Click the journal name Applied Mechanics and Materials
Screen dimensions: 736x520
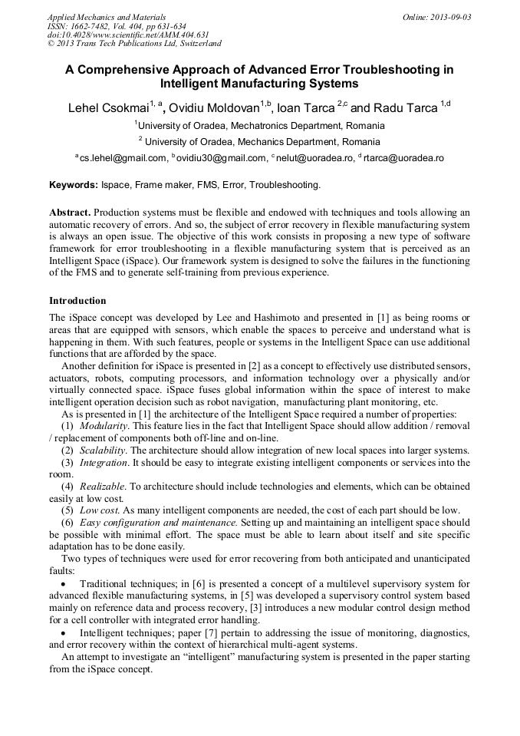(x=107, y=16)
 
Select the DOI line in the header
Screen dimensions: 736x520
(x=128, y=35)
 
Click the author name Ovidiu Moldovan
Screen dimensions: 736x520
(x=213, y=108)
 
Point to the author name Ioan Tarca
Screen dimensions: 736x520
(x=306, y=108)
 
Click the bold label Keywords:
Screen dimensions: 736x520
(x=74, y=185)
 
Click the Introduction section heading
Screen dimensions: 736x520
(x=77, y=300)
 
